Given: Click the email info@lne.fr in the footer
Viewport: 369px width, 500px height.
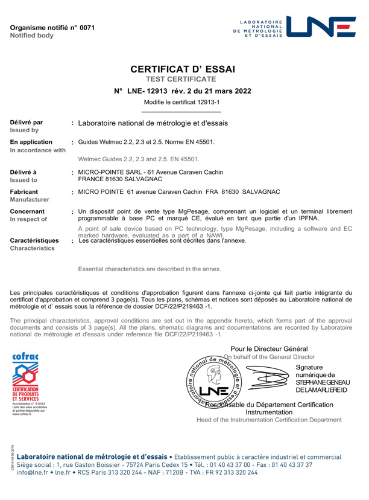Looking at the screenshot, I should click(x=34, y=489).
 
